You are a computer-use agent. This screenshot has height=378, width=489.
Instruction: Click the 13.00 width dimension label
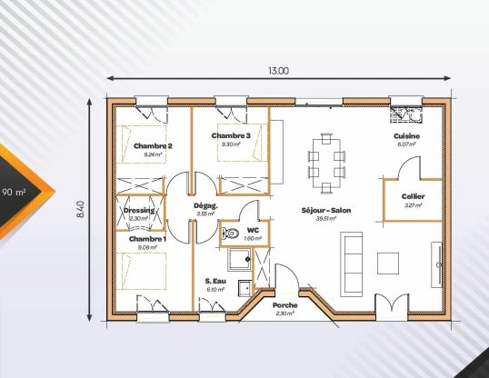pyautogui.click(x=278, y=71)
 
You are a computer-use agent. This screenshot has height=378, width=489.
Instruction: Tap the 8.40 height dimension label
pyautogui.click(x=81, y=210)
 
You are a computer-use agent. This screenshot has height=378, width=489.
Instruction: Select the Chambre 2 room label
pyautogui.click(x=153, y=145)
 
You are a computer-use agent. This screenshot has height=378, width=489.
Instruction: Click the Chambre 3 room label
pyautogui.click(x=231, y=135)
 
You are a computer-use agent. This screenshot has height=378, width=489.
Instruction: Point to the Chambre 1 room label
pyautogui.click(x=146, y=238)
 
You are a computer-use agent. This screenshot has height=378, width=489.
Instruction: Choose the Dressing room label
pyautogui.click(x=139, y=211)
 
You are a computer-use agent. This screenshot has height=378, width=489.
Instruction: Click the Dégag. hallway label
pyautogui.click(x=205, y=205)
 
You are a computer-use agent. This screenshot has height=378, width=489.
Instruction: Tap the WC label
pyautogui.click(x=253, y=230)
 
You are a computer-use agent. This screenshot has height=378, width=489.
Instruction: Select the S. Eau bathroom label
pyautogui.click(x=215, y=280)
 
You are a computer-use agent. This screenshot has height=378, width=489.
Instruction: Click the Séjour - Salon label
pyautogui.click(x=325, y=210)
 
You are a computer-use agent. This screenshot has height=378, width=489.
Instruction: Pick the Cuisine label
pyautogui.click(x=406, y=135)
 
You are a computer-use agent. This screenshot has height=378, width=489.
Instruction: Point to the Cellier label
pyautogui.click(x=413, y=196)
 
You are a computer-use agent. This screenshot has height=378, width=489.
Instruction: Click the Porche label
pyautogui.click(x=284, y=305)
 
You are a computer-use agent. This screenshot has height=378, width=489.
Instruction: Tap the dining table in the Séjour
pyautogui.click(x=326, y=164)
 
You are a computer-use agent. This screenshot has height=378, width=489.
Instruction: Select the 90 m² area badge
pyautogui.click(x=15, y=193)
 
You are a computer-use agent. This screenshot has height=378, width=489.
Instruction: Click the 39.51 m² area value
pyautogui.click(x=325, y=219)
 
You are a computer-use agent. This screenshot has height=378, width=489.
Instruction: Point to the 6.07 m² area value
pyautogui.click(x=406, y=144)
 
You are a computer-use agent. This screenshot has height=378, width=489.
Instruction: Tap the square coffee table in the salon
pyautogui.click(x=388, y=262)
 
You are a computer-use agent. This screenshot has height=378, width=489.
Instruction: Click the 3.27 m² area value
pyautogui.click(x=413, y=205)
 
